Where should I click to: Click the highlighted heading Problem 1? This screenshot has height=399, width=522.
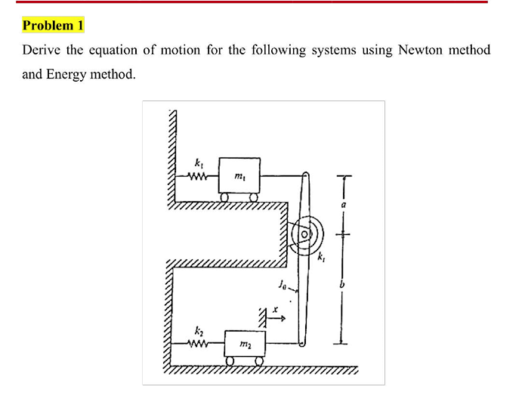coord(53,26)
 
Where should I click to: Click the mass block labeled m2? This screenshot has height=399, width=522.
coord(244,345)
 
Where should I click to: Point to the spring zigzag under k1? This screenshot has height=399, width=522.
coord(198,178)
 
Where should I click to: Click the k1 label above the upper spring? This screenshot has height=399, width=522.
coord(199,163)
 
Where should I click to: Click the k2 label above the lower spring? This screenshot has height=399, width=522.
coord(199,331)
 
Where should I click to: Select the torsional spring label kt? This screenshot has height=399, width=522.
coord(323,258)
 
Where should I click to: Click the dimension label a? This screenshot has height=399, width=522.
coord(343,204)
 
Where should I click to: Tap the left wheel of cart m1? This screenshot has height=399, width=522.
coord(225,197)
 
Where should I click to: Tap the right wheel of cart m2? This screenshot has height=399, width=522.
coord(259,361)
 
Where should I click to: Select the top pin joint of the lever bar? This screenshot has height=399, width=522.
coord(305,175)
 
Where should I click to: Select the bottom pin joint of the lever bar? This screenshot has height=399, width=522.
coord(302,345)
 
